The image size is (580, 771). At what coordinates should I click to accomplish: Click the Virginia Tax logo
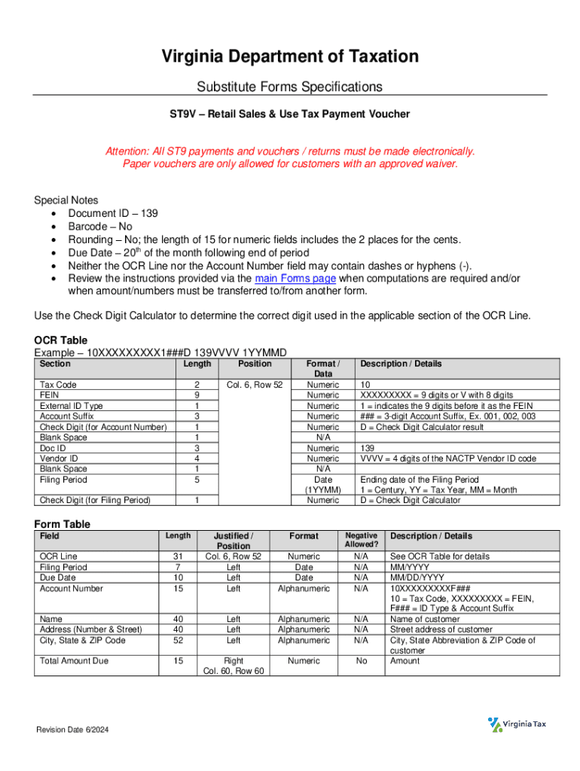click(x=518, y=724)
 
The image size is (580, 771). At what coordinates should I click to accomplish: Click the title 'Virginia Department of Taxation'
click(x=290, y=56)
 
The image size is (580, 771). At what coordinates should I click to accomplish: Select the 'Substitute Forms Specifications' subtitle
click(x=290, y=87)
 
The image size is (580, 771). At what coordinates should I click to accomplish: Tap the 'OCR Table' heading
click(x=61, y=340)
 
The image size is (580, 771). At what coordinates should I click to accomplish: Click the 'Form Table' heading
click(x=63, y=524)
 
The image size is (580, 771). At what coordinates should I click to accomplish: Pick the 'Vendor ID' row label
click(x=59, y=459)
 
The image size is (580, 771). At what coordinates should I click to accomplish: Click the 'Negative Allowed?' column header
click(x=361, y=540)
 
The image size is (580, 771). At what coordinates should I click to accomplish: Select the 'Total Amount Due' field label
click(x=74, y=661)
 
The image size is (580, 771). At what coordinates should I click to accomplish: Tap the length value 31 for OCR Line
click(x=178, y=556)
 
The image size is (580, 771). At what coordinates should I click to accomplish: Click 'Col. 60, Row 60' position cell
click(x=234, y=672)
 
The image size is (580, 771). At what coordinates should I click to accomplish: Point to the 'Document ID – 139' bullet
click(x=113, y=214)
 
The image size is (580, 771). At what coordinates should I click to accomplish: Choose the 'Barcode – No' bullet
click(x=100, y=227)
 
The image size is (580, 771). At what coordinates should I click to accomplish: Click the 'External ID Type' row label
click(x=72, y=406)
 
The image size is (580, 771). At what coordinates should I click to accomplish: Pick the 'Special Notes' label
click(x=66, y=200)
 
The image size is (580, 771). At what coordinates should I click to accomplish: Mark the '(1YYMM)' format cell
click(x=322, y=490)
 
